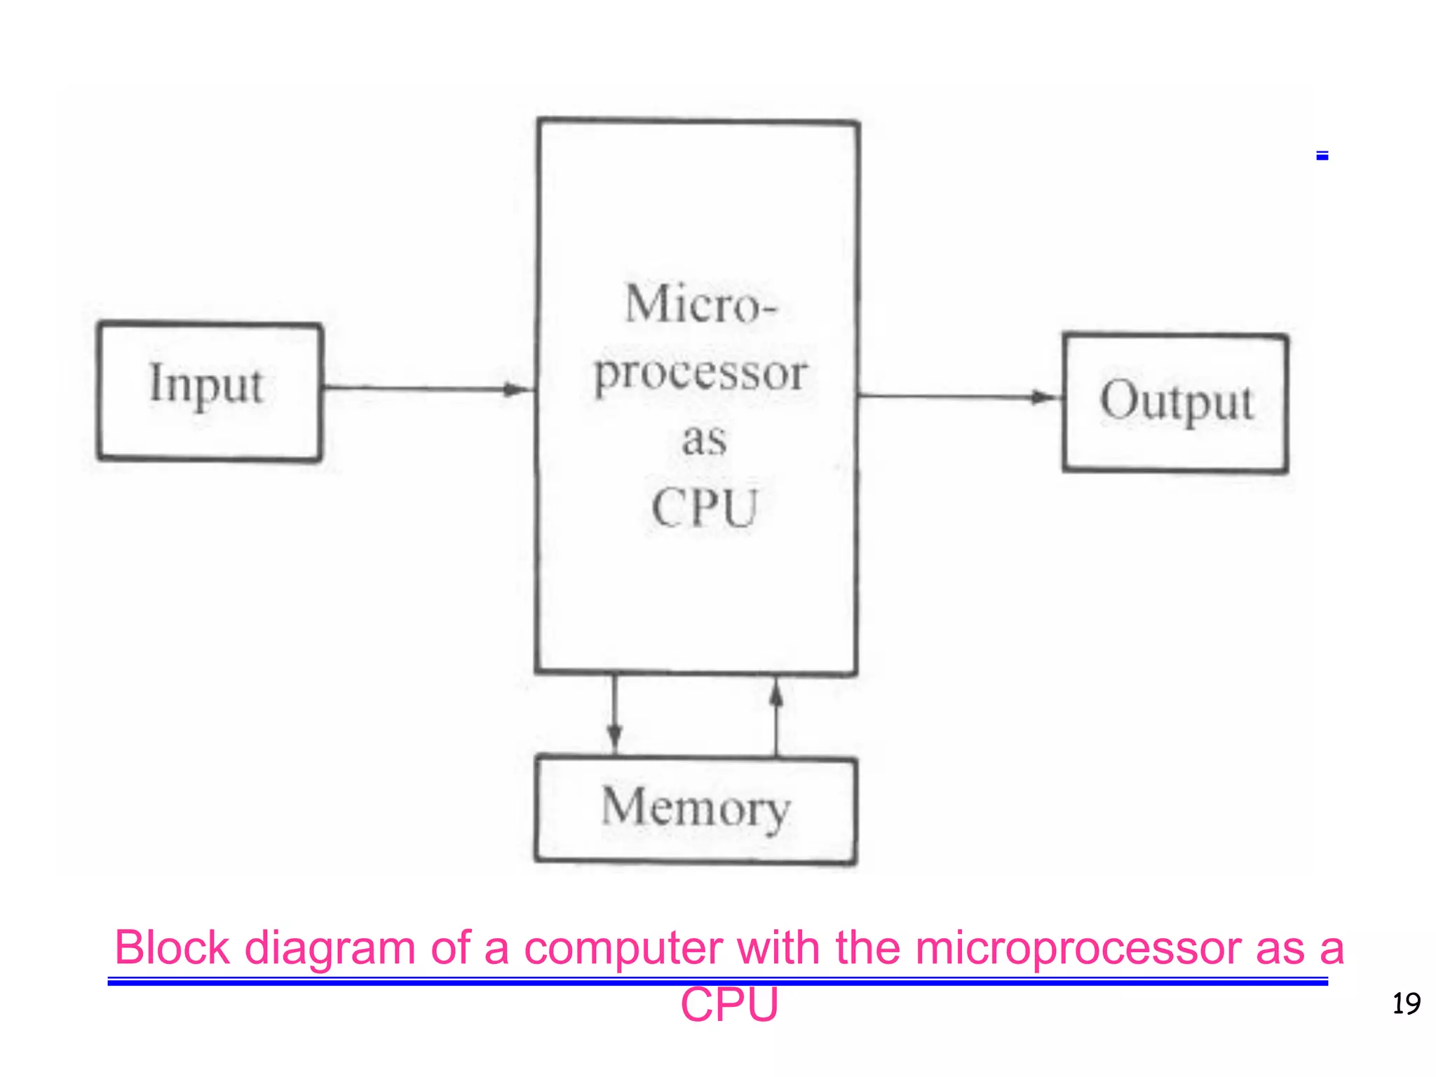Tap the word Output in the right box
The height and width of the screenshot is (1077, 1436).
coord(1176,401)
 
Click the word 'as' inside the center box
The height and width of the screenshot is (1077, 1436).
coord(704,440)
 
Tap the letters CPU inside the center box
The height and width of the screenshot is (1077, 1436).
coord(705,508)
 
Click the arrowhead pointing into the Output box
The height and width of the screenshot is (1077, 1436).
coord(1045,398)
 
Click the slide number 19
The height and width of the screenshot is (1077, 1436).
coord(1406,1004)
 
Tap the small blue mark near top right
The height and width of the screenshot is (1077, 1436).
coord(1322,156)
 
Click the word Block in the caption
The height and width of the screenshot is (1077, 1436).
coord(172,948)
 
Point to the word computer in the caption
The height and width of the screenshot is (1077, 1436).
coord(623,948)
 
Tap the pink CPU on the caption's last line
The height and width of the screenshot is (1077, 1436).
coord(729,1005)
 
